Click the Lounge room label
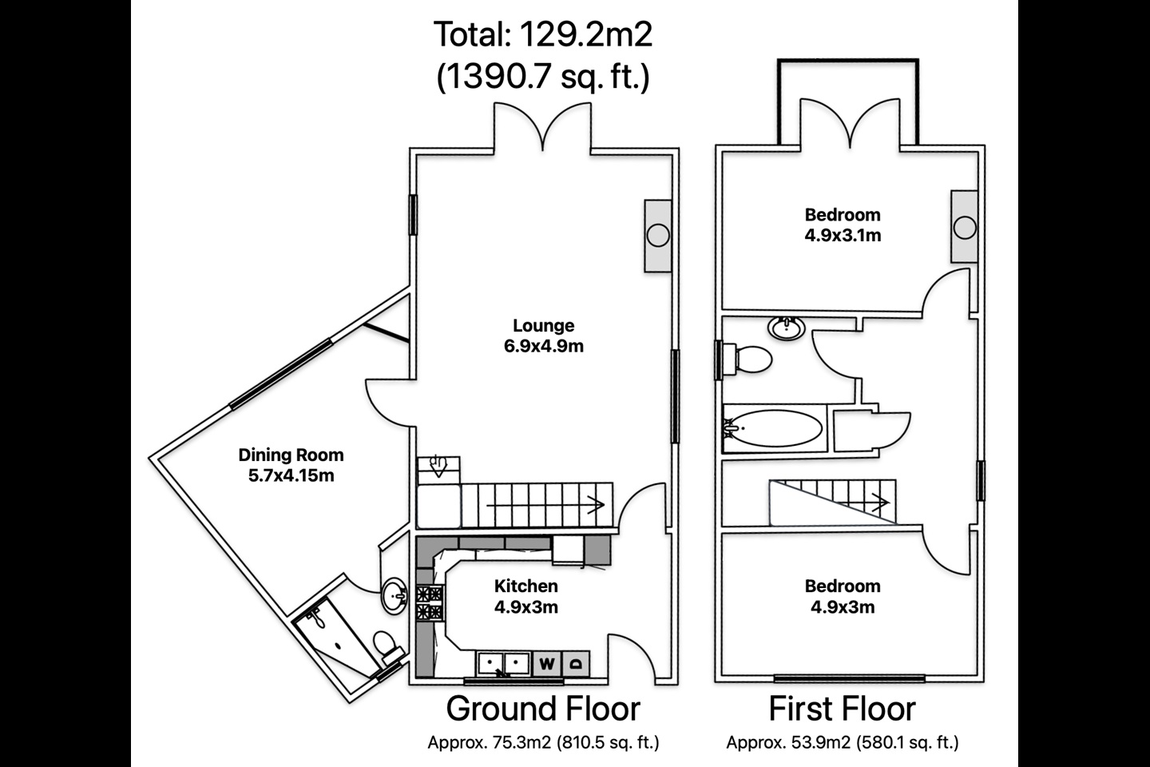[x=543, y=325]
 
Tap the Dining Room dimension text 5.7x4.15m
[x=291, y=475]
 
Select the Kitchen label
[x=525, y=586]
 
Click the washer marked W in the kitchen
[x=547, y=664]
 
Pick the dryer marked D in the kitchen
[x=576, y=664]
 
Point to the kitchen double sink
[x=503, y=663]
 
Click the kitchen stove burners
[x=429, y=603]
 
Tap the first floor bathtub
[x=774, y=428]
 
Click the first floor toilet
[x=747, y=359]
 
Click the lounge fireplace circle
[x=658, y=236]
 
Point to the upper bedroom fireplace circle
[x=965, y=228]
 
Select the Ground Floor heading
[x=543, y=709]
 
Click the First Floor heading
[x=842, y=709]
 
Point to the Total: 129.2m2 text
[x=543, y=34]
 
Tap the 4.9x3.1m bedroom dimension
[x=843, y=235]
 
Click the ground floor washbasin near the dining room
[x=395, y=596]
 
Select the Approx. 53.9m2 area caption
[x=842, y=742]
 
